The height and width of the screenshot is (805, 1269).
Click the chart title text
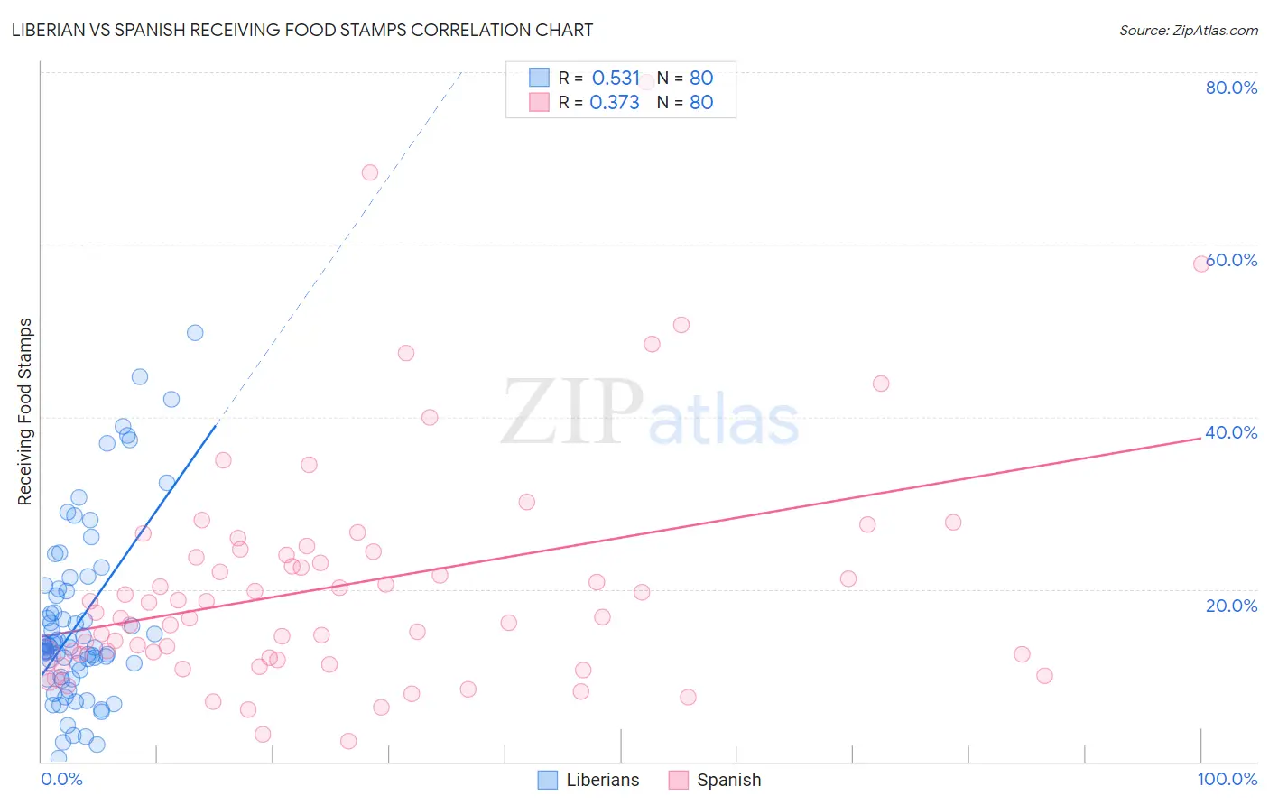pyautogui.click(x=301, y=30)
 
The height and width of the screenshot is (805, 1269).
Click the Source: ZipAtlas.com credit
pyautogui.click(x=1188, y=30)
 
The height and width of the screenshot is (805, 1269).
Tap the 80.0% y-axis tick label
pyautogui.click(x=1231, y=88)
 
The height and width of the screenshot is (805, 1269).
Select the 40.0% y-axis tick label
pyautogui.click(x=1231, y=432)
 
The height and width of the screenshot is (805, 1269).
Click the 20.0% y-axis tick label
pyautogui.click(x=1231, y=605)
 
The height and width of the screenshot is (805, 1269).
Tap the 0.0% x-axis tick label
pyautogui.click(x=61, y=779)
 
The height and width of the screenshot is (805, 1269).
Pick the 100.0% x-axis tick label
pyautogui.click(x=1227, y=779)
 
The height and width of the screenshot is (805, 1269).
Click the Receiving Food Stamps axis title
pyautogui.click(x=25, y=412)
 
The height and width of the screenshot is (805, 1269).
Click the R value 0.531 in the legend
pyautogui.click(x=616, y=78)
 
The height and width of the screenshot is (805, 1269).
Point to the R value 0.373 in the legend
pyautogui.click(x=615, y=102)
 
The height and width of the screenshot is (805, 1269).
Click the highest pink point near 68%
pyautogui.click(x=370, y=172)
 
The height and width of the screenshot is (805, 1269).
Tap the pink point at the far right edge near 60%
pyautogui.click(x=1201, y=264)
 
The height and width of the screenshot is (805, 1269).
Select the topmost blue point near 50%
pyautogui.click(x=195, y=333)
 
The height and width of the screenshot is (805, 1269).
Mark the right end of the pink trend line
pyautogui.click(x=1201, y=437)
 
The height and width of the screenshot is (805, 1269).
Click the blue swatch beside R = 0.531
pyautogui.click(x=539, y=78)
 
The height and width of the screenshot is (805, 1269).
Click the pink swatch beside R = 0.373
pyautogui.click(x=539, y=102)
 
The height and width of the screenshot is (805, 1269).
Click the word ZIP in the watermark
pyautogui.click(x=572, y=412)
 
